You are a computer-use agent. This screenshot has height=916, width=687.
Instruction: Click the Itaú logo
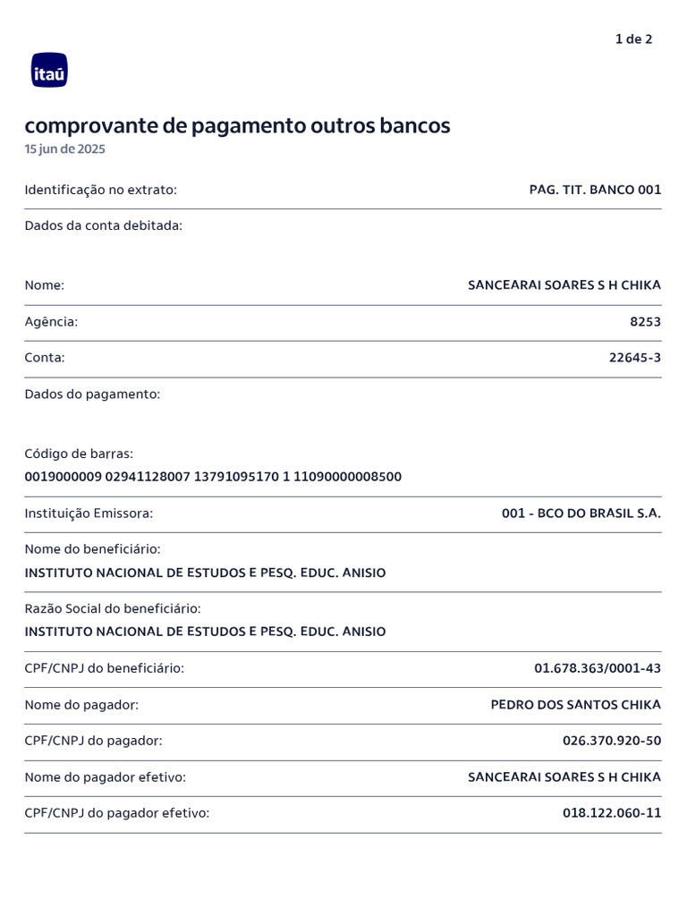[x=49, y=71]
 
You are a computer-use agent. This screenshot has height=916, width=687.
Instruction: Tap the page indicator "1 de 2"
[x=633, y=39]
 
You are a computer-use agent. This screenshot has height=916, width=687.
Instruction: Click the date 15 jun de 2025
[x=64, y=149]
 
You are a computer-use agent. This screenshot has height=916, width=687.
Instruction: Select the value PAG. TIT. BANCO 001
[x=595, y=190]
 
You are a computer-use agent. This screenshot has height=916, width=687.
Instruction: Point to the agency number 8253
[x=645, y=322]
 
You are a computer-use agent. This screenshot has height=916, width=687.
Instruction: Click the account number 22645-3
[x=635, y=358]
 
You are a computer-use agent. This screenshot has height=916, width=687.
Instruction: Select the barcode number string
[x=213, y=477]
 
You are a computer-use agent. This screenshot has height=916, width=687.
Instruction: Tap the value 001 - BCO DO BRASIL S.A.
[x=581, y=513]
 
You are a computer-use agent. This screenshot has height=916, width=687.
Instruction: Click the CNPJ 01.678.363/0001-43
[x=598, y=668]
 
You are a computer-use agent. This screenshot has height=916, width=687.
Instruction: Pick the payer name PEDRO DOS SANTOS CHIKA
[x=575, y=705]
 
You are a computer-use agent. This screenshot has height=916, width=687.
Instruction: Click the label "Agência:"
[x=51, y=322]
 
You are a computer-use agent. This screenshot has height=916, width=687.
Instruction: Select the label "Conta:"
[x=45, y=358]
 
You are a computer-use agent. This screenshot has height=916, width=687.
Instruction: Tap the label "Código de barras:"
[x=79, y=454]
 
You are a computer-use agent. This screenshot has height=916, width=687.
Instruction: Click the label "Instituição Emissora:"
[x=89, y=513]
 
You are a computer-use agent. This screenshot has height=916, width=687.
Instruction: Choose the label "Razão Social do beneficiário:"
[x=113, y=609]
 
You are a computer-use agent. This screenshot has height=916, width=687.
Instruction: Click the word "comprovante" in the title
[x=90, y=126]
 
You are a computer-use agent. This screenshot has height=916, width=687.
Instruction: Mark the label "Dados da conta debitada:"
[x=103, y=225]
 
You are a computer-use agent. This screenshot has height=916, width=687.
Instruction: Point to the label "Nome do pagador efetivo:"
[x=106, y=777]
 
